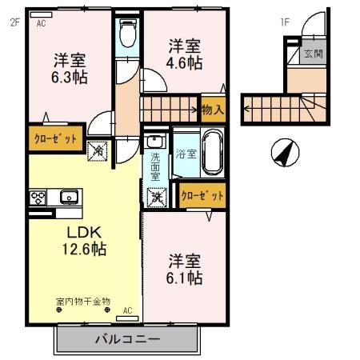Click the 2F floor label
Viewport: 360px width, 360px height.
(14, 23)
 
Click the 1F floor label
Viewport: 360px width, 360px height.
(284, 22)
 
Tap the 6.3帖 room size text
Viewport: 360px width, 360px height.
(70, 78)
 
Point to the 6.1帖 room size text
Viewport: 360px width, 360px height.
(184, 278)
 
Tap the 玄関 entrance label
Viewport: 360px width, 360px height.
(313, 54)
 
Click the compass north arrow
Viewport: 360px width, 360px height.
(283, 153)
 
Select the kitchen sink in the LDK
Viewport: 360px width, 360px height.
(68, 196)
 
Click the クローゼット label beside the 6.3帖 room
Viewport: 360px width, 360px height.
(56, 138)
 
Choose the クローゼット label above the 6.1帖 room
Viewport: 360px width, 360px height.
(202, 194)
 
